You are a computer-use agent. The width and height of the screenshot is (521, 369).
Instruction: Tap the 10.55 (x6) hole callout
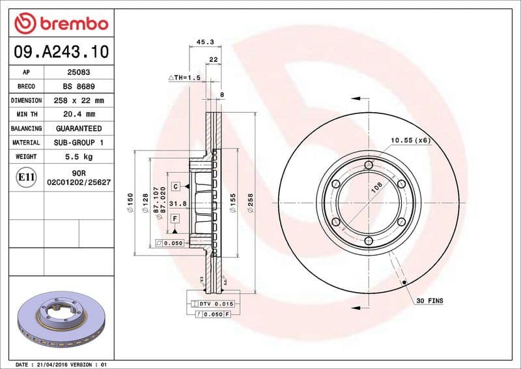410,140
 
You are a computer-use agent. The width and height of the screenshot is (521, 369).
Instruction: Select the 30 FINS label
429,301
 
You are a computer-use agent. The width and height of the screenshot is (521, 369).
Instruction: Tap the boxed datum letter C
176,187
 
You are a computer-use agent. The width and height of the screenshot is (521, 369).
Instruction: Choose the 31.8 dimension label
178,204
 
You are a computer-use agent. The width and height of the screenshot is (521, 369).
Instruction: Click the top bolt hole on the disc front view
368,164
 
